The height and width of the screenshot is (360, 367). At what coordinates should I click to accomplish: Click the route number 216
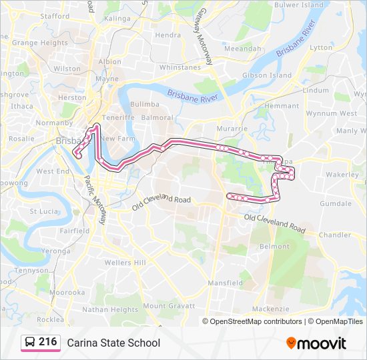[47, 342]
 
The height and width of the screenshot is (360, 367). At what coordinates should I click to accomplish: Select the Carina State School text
[113, 343]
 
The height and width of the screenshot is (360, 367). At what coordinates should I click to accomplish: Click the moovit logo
[316, 343]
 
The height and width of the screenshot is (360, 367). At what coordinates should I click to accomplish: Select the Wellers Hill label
[125, 263]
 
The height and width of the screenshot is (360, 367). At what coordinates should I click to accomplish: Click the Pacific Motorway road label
[95, 199]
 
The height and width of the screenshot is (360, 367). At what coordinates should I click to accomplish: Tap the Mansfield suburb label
[225, 283]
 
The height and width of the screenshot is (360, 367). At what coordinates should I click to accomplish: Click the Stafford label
[55, 15]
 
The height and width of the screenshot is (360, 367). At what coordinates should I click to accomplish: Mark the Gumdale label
[335, 203]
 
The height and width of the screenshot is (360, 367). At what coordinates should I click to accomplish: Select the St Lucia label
[43, 211]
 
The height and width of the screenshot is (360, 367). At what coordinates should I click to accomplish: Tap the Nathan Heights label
[110, 310]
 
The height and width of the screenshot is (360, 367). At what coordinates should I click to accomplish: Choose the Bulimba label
[144, 105]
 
